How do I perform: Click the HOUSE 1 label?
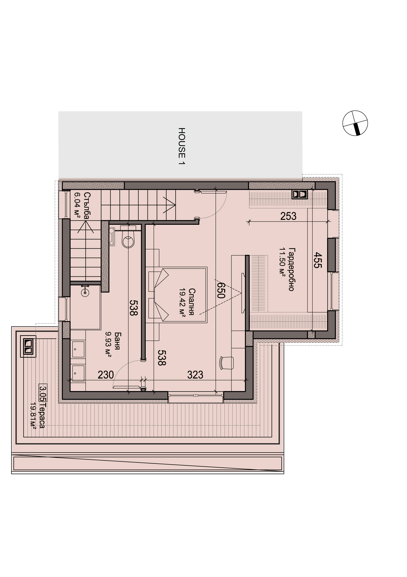[182, 146]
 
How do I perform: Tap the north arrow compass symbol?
[355, 123]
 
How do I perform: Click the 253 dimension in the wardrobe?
[288, 216]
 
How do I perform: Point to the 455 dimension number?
[317, 260]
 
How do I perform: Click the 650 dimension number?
[221, 290]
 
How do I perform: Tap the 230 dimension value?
[106, 375]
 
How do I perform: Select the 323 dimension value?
[195, 375]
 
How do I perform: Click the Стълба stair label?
[87, 206]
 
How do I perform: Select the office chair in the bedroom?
[227, 363]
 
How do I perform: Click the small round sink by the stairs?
[85, 291]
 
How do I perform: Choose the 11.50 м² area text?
[282, 262]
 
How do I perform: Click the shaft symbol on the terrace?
[28, 347]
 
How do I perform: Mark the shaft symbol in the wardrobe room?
[300, 194]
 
